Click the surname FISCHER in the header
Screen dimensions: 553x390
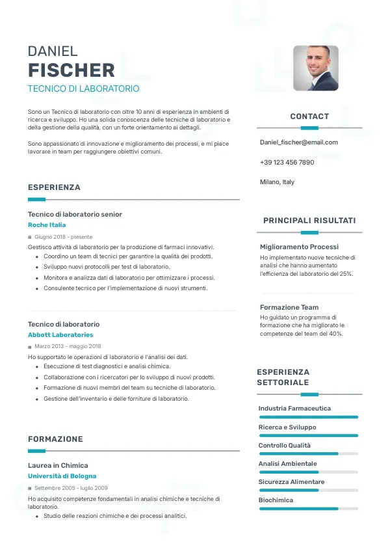(x=71, y=70)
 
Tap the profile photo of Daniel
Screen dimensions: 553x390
(x=316, y=68)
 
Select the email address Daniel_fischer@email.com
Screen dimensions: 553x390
(x=298, y=142)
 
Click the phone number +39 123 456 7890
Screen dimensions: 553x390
(x=287, y=162)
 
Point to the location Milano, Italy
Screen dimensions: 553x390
(x=277, y=182)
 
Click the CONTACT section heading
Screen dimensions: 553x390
(x=309, y=116)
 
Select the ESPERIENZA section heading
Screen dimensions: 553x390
(x=54, y=187)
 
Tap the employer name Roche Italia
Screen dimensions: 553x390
(x=47, y=225)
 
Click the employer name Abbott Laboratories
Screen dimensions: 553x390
(x=60, y=335)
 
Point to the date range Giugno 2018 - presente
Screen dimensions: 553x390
(x=63, y=237)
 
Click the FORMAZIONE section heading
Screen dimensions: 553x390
(x=55, y=439)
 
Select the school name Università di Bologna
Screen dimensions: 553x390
(x=62, y=476)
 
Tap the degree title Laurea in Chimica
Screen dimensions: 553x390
(x=58, y=465)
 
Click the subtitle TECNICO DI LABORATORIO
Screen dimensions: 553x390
(x=83, y=88)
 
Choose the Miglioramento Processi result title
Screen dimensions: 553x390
(x=299, y=247)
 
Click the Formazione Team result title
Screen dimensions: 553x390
(x=289, y=307)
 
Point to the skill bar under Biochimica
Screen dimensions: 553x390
(x=309, y=509)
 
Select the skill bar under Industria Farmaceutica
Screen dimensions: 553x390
(x=309, y=417)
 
